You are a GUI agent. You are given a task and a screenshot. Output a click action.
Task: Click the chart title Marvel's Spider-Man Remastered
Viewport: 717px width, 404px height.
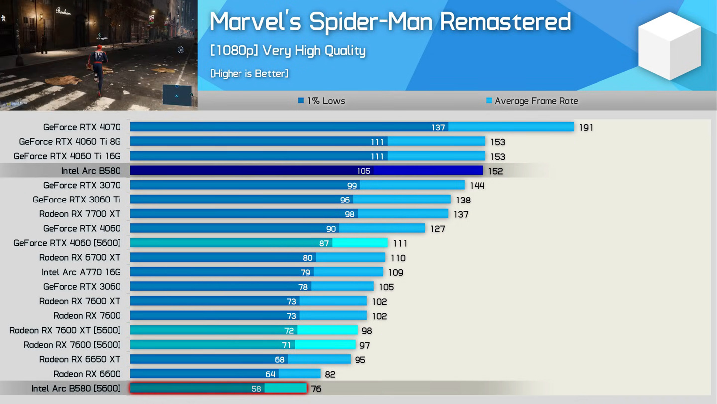(390, 22)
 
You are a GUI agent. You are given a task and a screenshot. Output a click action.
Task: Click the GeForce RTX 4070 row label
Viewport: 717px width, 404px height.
(82, 127)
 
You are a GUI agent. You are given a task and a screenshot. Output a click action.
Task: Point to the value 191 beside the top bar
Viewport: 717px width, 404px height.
(586, 128)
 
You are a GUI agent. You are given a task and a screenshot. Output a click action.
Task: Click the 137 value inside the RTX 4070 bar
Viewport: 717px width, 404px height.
(438, 128)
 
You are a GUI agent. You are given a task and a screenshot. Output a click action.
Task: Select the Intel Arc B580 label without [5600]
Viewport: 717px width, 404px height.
(91, 171)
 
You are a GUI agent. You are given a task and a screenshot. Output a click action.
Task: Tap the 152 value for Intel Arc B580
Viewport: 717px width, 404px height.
(495, 171)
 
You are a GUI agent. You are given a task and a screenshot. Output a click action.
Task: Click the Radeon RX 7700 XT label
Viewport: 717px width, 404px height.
(80, 214)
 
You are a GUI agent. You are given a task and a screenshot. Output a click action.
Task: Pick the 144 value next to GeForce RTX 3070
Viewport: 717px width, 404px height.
(477, 186)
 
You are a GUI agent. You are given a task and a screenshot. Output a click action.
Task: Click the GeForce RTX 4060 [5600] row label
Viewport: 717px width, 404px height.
(67, 243)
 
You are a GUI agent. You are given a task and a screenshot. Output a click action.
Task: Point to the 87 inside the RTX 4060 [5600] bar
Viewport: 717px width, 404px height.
(324, 243)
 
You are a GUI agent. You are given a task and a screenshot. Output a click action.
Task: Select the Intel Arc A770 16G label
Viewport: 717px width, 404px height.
(81, 272)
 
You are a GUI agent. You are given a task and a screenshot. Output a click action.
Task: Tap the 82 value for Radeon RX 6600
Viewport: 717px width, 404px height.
(330, 374)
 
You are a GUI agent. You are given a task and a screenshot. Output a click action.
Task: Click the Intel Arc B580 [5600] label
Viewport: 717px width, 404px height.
(76, 388)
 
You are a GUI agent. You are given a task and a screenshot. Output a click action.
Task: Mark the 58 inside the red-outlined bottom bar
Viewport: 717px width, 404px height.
(256, 389)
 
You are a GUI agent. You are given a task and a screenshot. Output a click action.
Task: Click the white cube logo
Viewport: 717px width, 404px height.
(669, 46)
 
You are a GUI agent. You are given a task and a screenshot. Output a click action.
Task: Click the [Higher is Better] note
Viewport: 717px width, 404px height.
(249, 73)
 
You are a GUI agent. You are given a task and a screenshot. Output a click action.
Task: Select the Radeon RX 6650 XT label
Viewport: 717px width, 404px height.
(80, 359)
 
